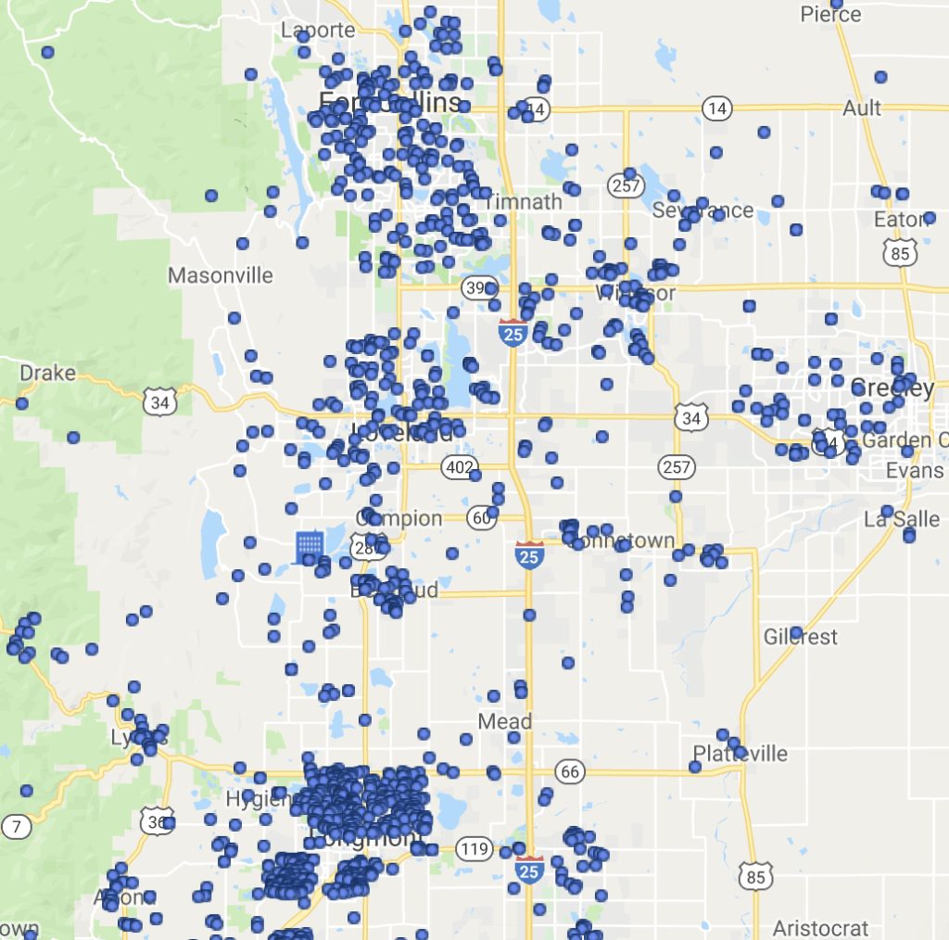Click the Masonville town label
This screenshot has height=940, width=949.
(x=221, y=275)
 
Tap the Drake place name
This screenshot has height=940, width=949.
(x=47, y=373)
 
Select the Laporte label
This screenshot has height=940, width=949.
(x=318, y=31)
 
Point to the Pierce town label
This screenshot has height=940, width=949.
(x=830, y=15)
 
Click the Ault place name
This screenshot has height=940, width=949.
(x=862, y=108)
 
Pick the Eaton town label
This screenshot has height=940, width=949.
(x=901, y=220)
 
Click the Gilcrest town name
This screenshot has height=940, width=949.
(x=801, y=637)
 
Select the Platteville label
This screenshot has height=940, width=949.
(x=740, y=753)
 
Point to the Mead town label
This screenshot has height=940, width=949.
(x=505, y=720)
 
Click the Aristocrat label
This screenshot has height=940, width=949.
(x=821, y=928)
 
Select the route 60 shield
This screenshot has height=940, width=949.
(x=481, y=518)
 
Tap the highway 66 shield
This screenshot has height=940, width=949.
(x=570, y=771)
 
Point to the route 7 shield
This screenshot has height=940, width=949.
(x=16, y=826)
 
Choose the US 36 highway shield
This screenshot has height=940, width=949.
(x=157, y=820)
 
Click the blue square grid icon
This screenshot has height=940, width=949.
(x=309, y=547)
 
